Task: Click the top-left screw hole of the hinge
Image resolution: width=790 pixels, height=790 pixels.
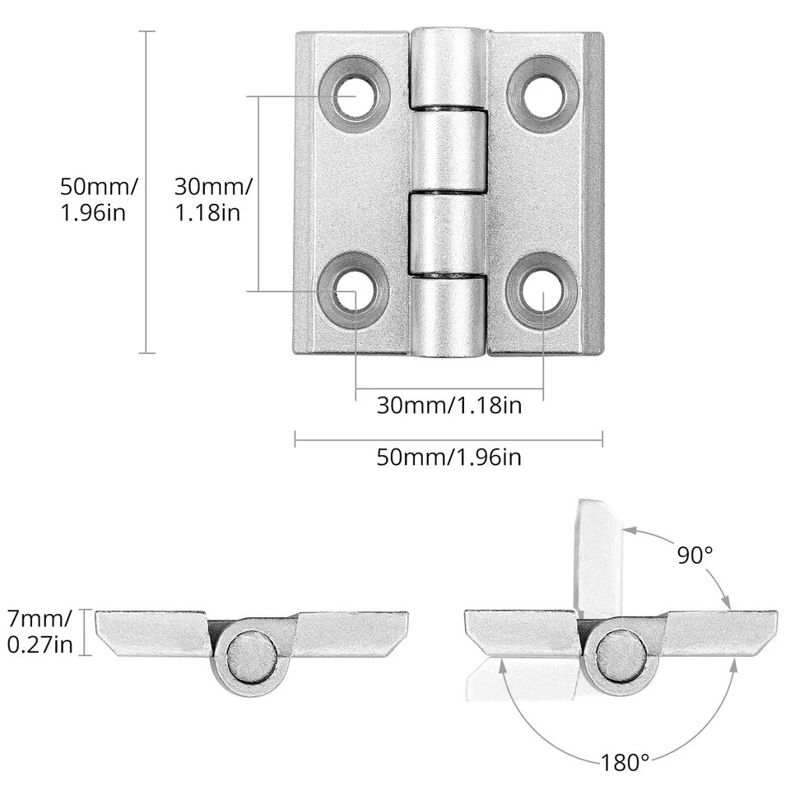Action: click(355, 95)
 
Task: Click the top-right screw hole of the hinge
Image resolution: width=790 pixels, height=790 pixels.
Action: click(543, 95)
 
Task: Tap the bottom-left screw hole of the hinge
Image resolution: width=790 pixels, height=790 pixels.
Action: click(355, 290)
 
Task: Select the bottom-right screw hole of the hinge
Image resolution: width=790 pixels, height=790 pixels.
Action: click(543, 290)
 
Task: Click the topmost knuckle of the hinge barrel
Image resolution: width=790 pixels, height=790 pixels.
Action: click(448, 67)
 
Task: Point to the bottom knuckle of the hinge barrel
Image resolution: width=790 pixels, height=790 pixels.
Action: click(448, 317)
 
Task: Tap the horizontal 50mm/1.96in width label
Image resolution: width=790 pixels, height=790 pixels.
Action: click(448, 458)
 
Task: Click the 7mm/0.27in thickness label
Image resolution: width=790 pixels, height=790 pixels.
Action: click(39, 631)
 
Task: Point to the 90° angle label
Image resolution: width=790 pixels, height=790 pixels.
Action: click(695, 555)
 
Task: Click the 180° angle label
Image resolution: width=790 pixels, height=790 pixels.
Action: click(625, 762)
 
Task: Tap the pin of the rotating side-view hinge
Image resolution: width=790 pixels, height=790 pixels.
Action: click(620, 656)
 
